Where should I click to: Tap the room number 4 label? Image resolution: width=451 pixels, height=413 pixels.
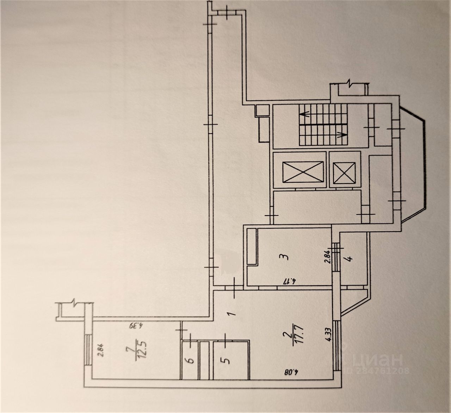click(350, 259)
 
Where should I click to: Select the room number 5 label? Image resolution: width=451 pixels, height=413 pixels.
click(227, 361)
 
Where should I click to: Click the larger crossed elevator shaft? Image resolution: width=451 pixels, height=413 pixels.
click(298, 173)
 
